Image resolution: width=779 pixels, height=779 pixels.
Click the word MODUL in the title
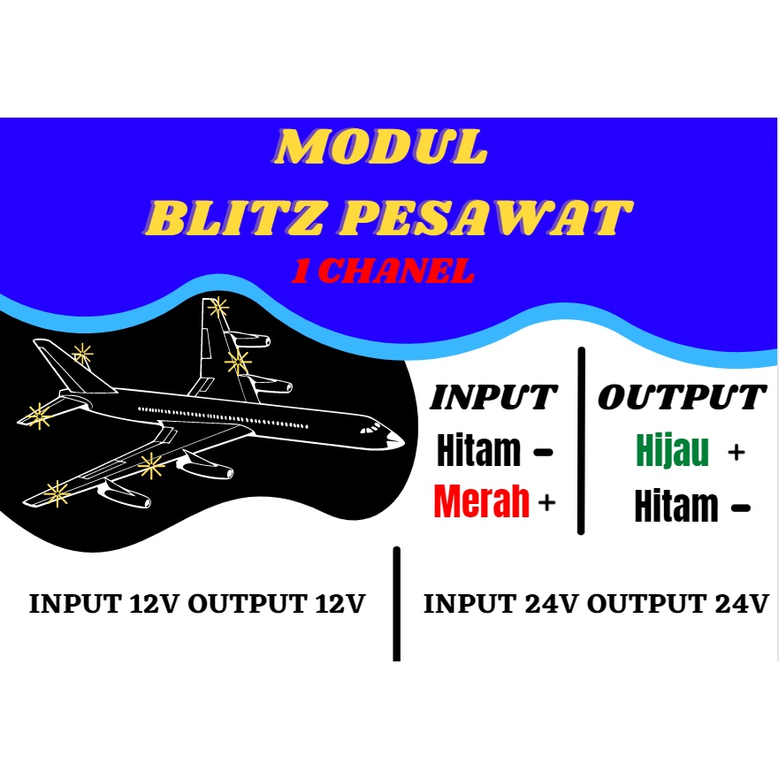tap(379, 149)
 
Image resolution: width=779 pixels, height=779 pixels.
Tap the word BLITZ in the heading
tap(233, 217)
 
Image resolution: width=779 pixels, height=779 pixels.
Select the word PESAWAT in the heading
tap(487, 217)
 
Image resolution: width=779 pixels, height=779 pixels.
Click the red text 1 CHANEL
tap(383, 271)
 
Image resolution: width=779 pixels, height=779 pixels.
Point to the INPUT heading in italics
tap(493, 398)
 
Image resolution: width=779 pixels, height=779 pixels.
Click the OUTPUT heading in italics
tap(681, 398)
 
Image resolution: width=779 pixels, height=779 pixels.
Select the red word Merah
tap(482, 502)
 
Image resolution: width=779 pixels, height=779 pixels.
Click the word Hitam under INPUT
tap(478, 452)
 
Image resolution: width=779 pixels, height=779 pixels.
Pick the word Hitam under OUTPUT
tap(676, 508)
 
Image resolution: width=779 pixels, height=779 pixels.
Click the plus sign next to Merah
tap(547, 503)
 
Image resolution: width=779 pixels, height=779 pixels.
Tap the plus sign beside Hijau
tap(736, 453)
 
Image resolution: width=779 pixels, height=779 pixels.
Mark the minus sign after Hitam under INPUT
tap(543, 453)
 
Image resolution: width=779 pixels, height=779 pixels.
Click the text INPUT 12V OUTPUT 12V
tap(197, 605)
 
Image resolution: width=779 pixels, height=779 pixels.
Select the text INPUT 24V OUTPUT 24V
tap(596, 605)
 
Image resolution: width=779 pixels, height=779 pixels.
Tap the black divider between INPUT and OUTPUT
tap(581, 440)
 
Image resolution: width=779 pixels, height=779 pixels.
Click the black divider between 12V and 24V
tap(396, 603)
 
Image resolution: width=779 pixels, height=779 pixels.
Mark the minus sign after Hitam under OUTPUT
tap(741, 508)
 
